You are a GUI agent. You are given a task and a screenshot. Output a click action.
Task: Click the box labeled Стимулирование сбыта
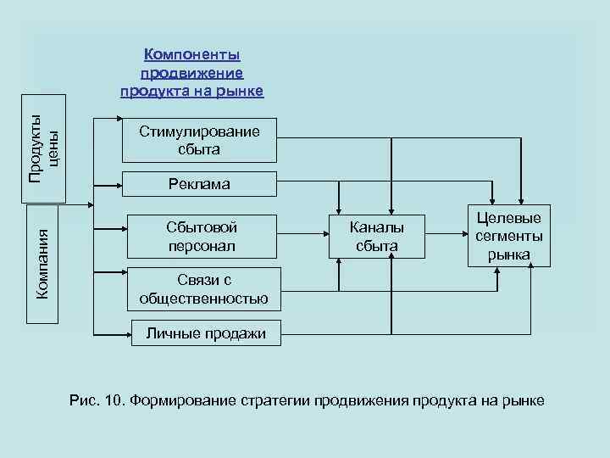tap(200, 140)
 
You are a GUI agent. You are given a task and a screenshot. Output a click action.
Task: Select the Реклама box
tap(200, 183)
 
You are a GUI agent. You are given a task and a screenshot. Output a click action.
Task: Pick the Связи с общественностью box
tap(203, 289)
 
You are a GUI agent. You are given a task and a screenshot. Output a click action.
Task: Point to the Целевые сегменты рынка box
tap(508, 236)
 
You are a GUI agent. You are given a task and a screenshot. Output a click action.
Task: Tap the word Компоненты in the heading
tap(192, 54)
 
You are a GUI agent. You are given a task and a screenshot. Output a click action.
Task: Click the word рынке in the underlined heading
tap(241, 91)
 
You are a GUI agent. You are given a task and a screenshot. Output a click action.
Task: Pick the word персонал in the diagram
tap(201, 246)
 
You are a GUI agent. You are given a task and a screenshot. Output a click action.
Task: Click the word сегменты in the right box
tap(509, 236)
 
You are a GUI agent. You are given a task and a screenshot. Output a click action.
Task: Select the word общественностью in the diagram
tap(203, 299)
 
